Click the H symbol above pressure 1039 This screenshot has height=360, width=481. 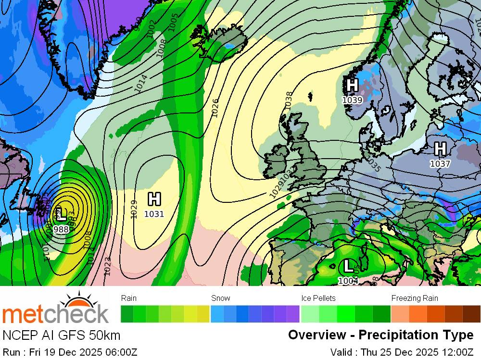(x=352, y=86)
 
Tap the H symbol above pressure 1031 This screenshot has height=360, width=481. (x=154, y=199)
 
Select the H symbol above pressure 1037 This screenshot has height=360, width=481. (x=440, y=149)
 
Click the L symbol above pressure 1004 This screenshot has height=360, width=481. (x=347, y=265)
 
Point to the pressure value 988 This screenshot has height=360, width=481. (x=61, y=230)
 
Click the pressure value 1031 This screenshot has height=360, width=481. (x=154, y=214)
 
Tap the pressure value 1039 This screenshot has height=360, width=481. (x=352, y=100)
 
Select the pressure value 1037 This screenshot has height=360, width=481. (x=440, y=164)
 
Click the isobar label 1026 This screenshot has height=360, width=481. (x=215, y=107)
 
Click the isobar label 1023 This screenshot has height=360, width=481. (x=107, y=266)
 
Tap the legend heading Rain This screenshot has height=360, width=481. (x=129, y=298)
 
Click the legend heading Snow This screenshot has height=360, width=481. (x=220, y=298)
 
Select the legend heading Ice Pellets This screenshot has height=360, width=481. (x=318, y=298)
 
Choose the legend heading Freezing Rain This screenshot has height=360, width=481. (x=415, y=298)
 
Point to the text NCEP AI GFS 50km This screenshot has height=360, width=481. (x=61, y=335)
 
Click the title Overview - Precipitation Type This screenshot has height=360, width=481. (x=380, y=335)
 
